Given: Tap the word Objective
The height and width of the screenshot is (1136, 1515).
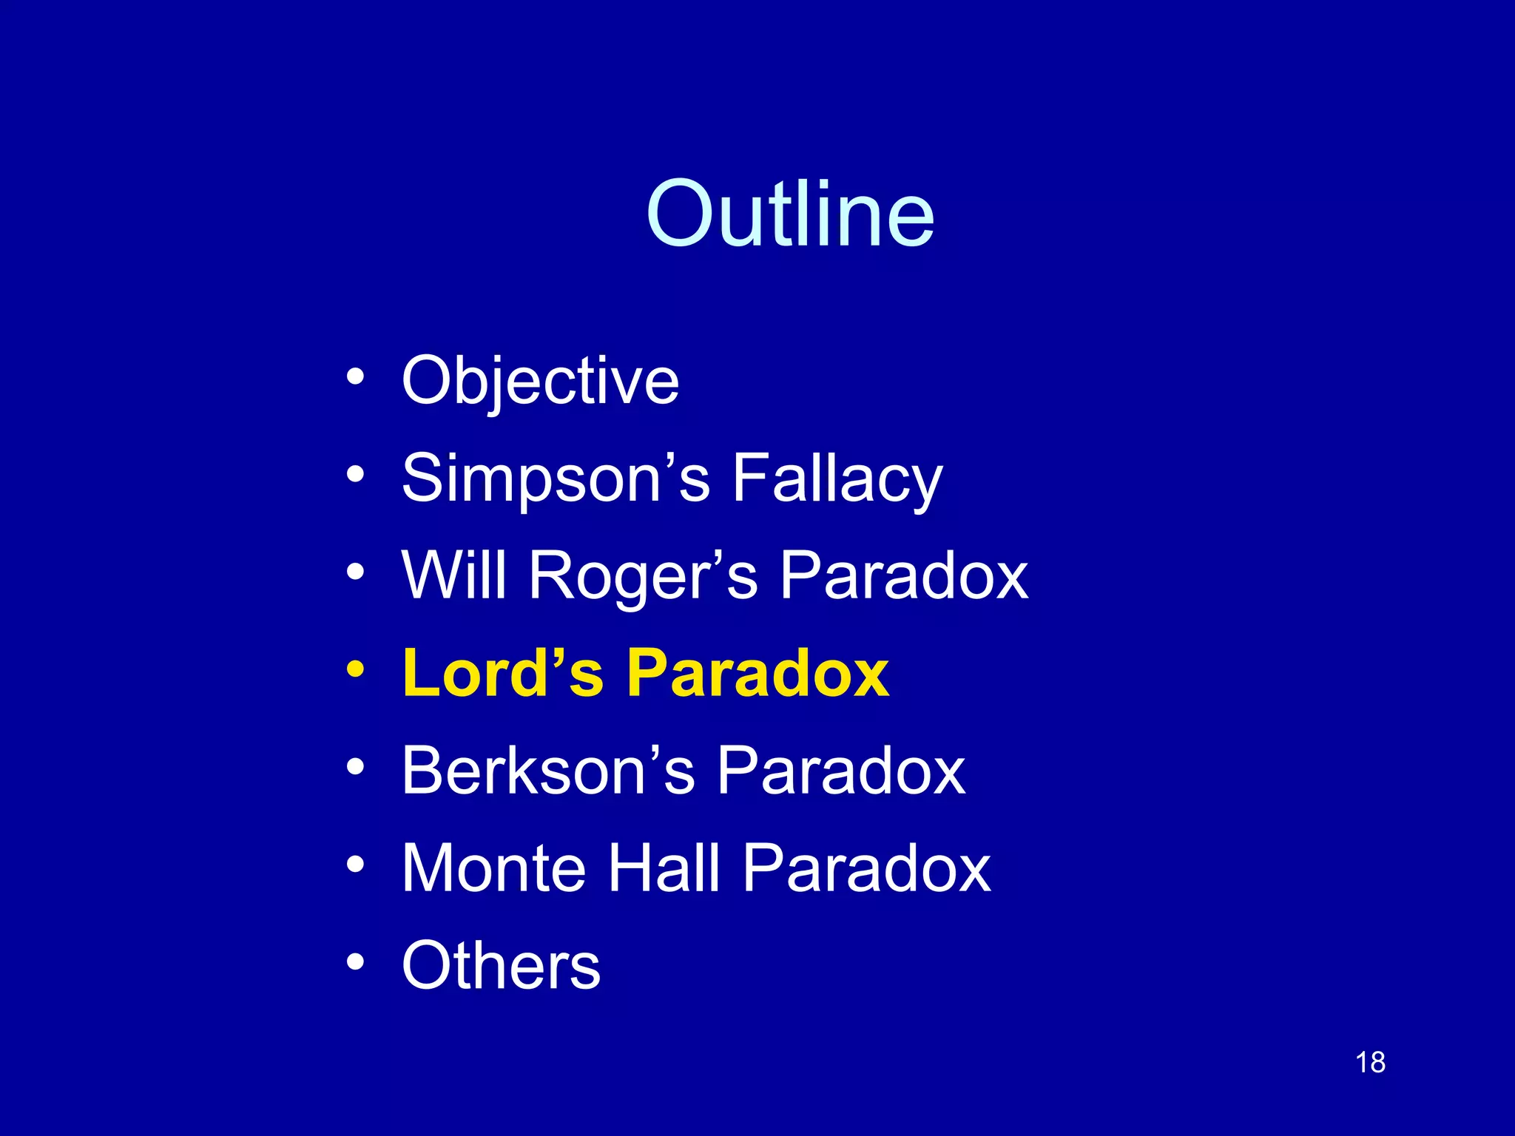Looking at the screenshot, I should point(540,382).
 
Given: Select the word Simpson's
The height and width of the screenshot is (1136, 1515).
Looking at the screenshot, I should point(556,479).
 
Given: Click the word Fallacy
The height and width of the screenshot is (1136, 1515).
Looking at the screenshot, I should point(837,479).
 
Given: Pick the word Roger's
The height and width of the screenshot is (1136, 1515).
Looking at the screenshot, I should point(642,576).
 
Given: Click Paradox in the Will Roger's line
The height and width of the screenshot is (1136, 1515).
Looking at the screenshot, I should point(903,576).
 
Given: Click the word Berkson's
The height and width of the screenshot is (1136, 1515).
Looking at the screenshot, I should point(548,771).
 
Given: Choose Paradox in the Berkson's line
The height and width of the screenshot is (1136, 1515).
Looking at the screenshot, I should point(841,771).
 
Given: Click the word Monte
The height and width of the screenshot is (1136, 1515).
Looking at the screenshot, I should point(493,869).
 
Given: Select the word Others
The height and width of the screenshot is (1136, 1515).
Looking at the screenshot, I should point(501,966).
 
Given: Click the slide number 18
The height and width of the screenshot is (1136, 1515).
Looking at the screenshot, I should point(1370,1063).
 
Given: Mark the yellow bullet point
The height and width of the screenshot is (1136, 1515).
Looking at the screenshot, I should point(355,669).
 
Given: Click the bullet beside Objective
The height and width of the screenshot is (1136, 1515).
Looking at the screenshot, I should point(355,376).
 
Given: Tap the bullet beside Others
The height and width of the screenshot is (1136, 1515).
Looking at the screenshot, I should point(355,961).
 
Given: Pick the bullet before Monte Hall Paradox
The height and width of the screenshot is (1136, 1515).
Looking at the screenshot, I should point(355,864).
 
